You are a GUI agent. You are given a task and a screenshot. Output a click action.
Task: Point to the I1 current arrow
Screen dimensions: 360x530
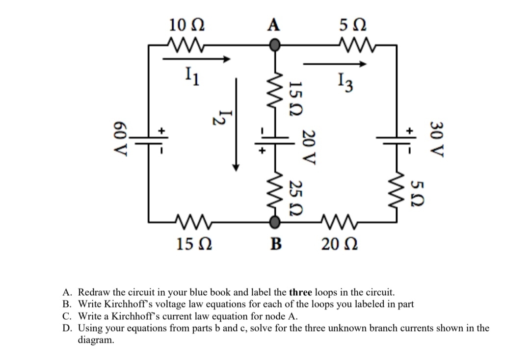coord(196,59)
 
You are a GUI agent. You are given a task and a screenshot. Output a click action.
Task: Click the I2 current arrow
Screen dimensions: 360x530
coord(237,123)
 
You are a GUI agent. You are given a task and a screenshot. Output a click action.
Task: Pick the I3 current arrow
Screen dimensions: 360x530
coord(335,64)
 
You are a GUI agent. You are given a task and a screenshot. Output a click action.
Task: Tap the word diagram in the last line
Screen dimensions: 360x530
coord(96,339)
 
